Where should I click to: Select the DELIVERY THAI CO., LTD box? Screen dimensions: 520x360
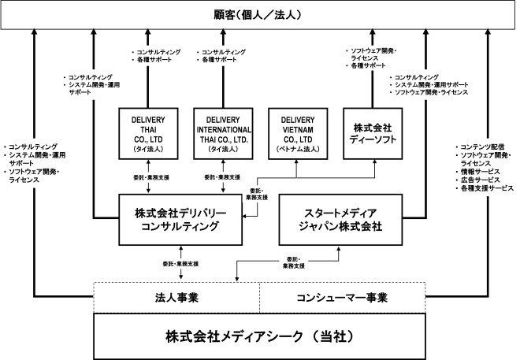coord(148,134)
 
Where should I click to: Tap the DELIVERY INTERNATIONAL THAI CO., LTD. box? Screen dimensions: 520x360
coord(223,134)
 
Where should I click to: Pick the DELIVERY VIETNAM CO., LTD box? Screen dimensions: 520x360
coord(298,134)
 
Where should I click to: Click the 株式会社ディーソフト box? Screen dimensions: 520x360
coord(373,134)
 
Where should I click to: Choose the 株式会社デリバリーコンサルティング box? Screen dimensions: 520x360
coord(180,220)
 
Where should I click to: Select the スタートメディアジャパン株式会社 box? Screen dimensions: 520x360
coord(340,220)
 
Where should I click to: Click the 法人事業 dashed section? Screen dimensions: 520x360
coord(176,298)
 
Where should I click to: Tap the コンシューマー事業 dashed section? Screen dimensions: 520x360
coord(342,298)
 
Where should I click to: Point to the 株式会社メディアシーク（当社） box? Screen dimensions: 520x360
coord(259,336)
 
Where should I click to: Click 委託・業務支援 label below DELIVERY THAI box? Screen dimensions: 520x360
coord(151,177)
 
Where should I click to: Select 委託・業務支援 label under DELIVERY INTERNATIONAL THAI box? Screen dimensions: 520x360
coord(222,177)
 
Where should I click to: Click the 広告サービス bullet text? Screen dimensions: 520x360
coord(478,180)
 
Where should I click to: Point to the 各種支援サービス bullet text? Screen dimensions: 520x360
coord(485,188)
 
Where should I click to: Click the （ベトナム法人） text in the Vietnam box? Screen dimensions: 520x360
coord(298,149)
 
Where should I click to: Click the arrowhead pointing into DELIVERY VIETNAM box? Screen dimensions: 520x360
coord(296,161)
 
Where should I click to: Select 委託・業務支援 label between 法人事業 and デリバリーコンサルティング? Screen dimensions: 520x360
coord(180,264)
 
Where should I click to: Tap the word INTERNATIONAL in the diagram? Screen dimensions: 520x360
coord(224,130)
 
